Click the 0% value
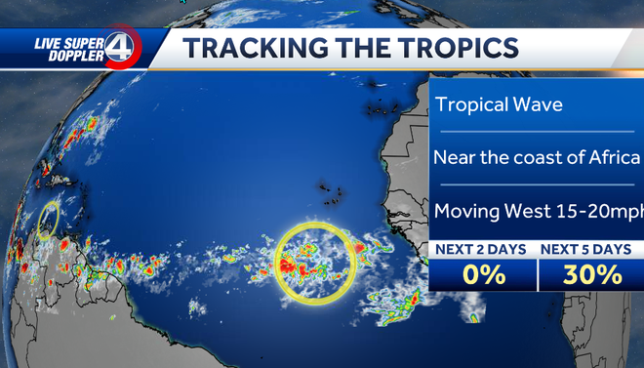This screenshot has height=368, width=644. tap(483, 275)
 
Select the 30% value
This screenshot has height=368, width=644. tap(592, 275)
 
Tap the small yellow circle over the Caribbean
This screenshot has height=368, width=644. tap(48, 220)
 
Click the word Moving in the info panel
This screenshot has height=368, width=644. tap(464, 210)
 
